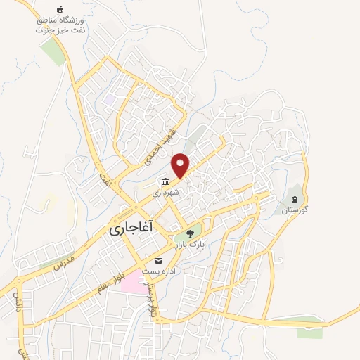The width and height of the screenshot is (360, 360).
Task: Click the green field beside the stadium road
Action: [x=52, y=51]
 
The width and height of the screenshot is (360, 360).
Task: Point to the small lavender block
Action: [x=110, y=100]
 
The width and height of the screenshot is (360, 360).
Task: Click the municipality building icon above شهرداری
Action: [x=165, y=181]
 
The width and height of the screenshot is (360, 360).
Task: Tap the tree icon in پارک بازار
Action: [x=188, y=233]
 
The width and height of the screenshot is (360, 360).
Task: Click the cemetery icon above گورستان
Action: [x=296, y=199]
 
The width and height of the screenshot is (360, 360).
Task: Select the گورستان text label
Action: [x=295, y=210]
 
